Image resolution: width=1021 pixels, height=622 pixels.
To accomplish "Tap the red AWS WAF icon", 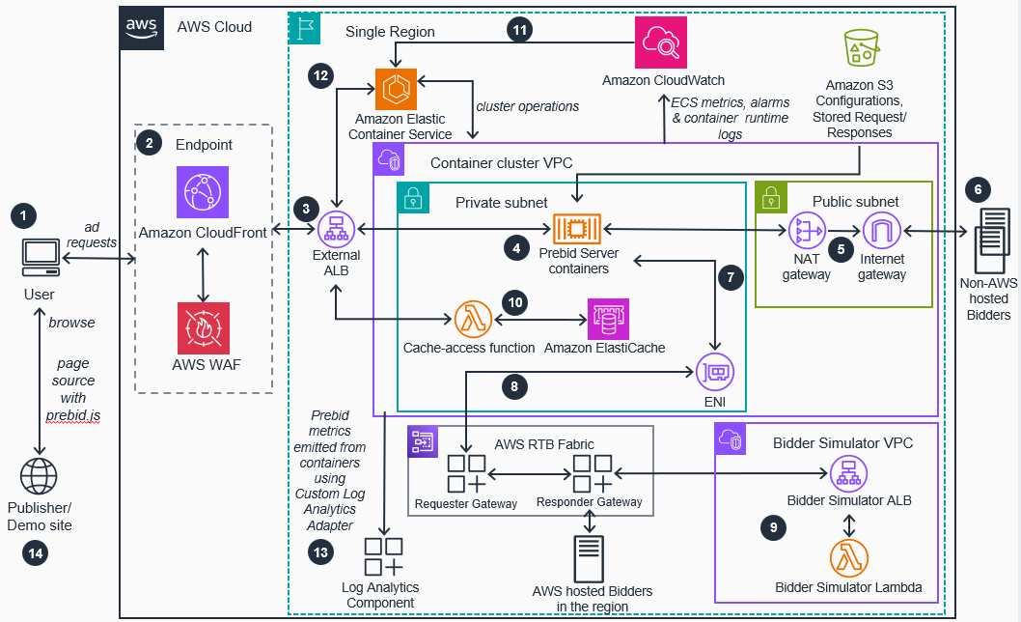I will click(x=203, y=329).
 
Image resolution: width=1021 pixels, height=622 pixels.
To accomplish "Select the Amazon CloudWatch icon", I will click(x=662, y=42).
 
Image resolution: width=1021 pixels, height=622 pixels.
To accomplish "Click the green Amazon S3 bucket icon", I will click(x=863, y=48).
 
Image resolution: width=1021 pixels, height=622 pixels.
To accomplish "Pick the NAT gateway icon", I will click(x=806, y=232).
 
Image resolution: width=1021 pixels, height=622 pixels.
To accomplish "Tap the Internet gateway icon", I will click(x=881, y=232).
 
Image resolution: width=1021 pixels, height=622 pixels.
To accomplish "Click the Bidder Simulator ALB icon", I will click(x=848, y=473).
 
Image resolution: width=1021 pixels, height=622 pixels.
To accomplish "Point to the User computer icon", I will click(x=39, y=257).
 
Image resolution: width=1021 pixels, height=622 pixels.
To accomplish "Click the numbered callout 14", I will click(x=39, y=553).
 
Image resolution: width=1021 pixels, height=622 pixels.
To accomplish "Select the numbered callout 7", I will click(x=731, y=276).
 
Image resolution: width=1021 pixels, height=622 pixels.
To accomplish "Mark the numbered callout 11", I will click(x=520, y=30).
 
